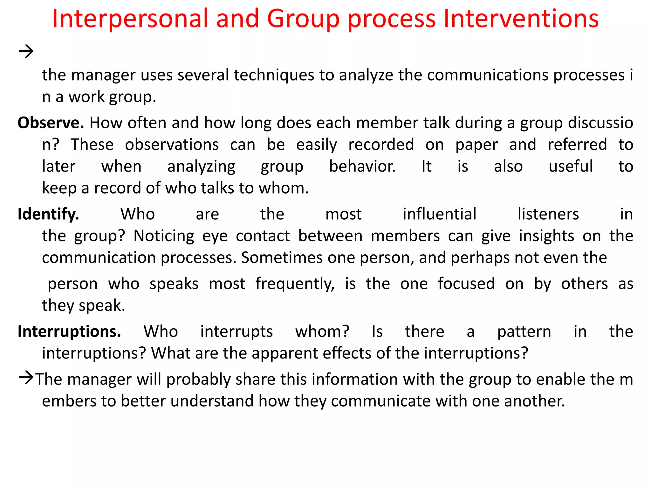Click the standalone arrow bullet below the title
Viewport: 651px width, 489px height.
26,51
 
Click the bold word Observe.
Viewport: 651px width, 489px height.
51,123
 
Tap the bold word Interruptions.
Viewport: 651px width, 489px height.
69,332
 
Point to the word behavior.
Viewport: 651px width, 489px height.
362,167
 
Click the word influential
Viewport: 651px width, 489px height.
439,214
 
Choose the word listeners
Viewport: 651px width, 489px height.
548,214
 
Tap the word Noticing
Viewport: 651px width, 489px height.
164,236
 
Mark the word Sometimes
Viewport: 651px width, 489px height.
282,258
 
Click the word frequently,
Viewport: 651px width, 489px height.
295,284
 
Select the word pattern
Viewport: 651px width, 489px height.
524,332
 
